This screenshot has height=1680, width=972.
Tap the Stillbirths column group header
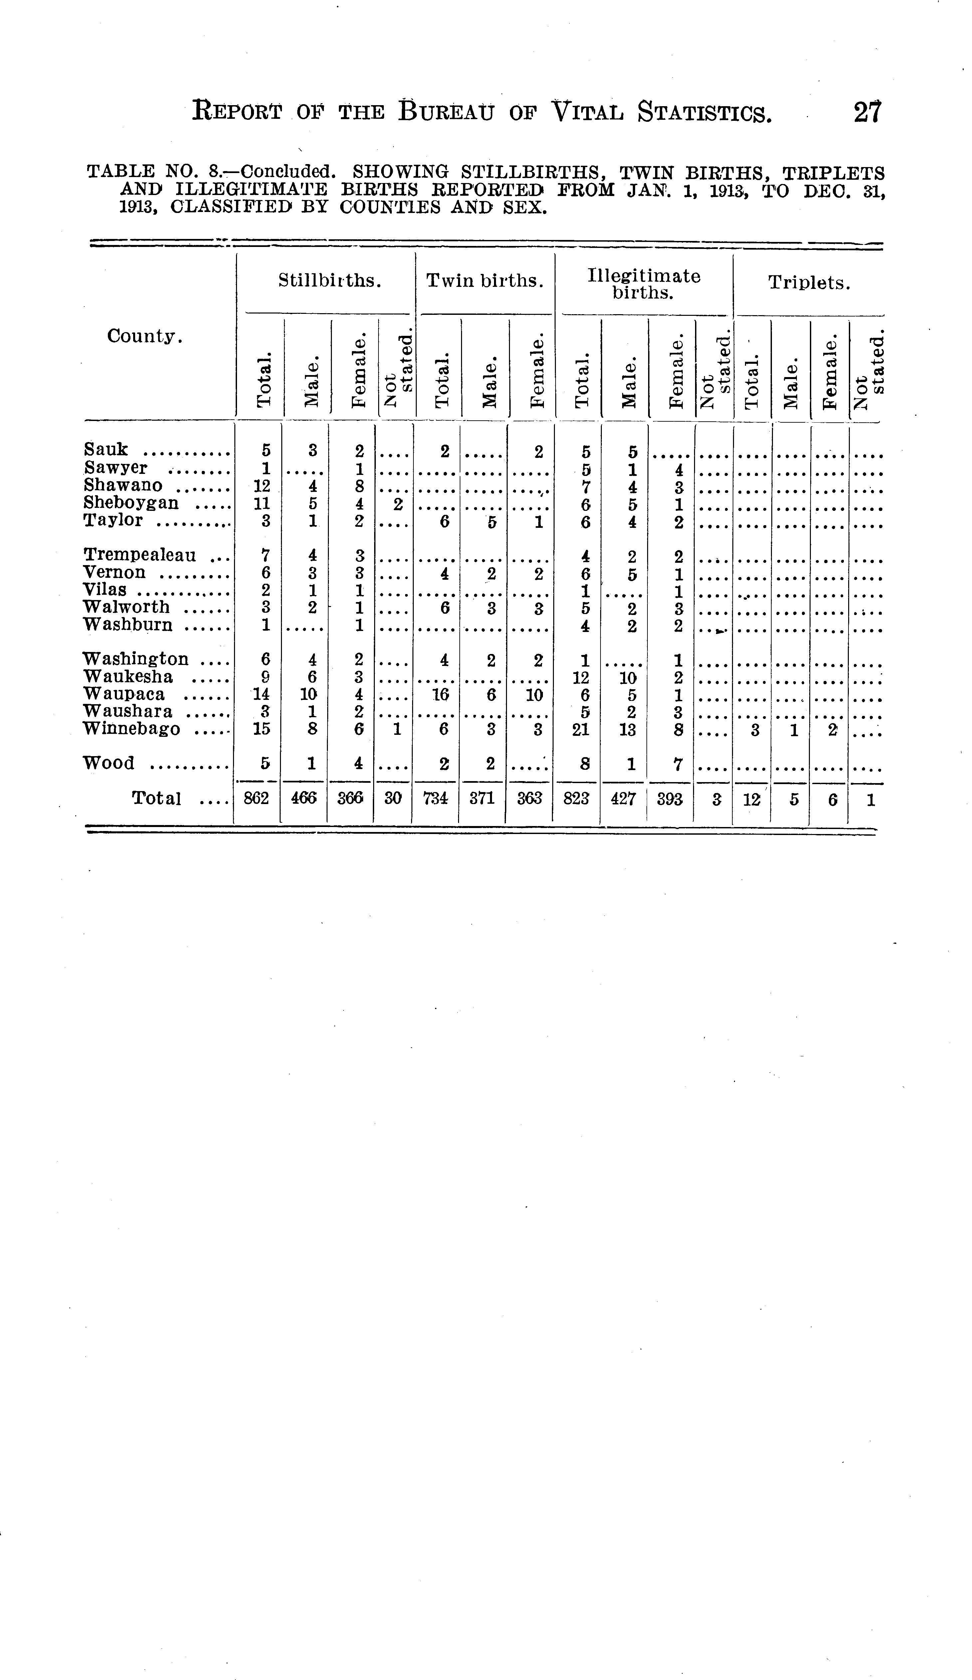329,281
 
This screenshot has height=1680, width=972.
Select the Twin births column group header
485,281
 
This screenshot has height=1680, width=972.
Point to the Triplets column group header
809,283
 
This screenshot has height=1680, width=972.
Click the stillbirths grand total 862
256,798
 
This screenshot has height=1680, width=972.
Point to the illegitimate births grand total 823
576,798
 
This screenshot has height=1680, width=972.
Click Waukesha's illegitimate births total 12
581,677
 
